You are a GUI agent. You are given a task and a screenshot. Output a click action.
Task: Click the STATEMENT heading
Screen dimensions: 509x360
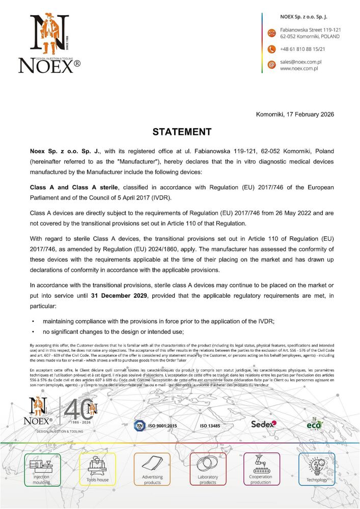coord(182,132)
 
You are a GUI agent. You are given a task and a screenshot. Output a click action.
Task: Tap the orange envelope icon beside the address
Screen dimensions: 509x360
coord(271,34)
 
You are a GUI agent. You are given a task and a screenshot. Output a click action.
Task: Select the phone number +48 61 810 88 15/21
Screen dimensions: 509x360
coord(302,49)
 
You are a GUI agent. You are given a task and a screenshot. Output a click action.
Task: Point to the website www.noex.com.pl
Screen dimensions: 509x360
coord(299,68)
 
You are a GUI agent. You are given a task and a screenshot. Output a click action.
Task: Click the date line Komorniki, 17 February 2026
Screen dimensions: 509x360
coord(295,114)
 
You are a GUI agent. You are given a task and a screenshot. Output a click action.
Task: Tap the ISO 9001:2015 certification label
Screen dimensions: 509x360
coord(162,426)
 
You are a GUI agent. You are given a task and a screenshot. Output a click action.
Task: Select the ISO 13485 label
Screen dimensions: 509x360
coord(210,426)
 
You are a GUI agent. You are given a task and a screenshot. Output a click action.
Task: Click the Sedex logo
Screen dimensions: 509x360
coord(263,424)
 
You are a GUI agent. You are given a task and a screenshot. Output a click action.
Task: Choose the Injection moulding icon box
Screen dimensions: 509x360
coord(42,469)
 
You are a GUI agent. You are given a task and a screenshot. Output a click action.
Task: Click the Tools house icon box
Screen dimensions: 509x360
coord(98,469)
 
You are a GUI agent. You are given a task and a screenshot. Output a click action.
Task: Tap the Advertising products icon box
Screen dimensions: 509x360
coord(152,469)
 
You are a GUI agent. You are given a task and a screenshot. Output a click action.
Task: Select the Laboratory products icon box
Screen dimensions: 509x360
coord(208,469)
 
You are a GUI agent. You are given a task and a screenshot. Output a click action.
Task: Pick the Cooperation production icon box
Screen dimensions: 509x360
coord(261,469)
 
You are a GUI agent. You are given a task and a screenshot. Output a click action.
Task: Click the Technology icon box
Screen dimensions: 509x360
coord(317,469)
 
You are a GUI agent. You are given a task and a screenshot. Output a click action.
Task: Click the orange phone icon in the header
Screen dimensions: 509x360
coord(271,49)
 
